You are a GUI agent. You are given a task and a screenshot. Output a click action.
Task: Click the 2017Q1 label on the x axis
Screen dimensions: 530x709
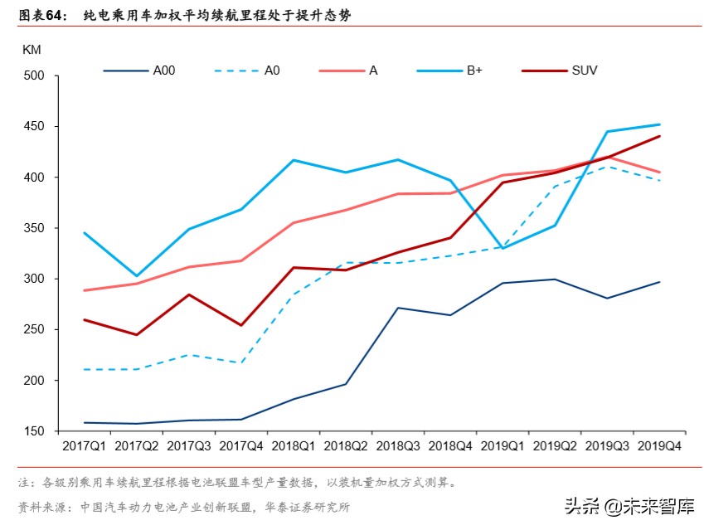pos(84,446)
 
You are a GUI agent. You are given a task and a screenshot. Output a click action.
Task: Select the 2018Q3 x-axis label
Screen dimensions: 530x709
pos(399,446)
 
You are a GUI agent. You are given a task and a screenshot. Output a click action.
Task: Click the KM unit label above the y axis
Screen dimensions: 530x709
pos(32,49)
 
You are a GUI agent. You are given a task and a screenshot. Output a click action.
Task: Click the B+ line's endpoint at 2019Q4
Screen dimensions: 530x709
pos(660,124)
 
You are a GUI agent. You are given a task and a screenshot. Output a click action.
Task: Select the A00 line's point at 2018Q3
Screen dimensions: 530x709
pos(399,308)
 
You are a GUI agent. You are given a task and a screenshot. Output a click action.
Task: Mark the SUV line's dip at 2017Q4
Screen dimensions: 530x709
pos(241,325)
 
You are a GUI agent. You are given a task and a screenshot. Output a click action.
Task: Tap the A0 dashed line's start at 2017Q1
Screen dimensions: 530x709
pos(85,369)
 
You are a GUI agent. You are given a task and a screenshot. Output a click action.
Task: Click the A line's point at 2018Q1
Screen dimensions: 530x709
pos(294,222)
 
